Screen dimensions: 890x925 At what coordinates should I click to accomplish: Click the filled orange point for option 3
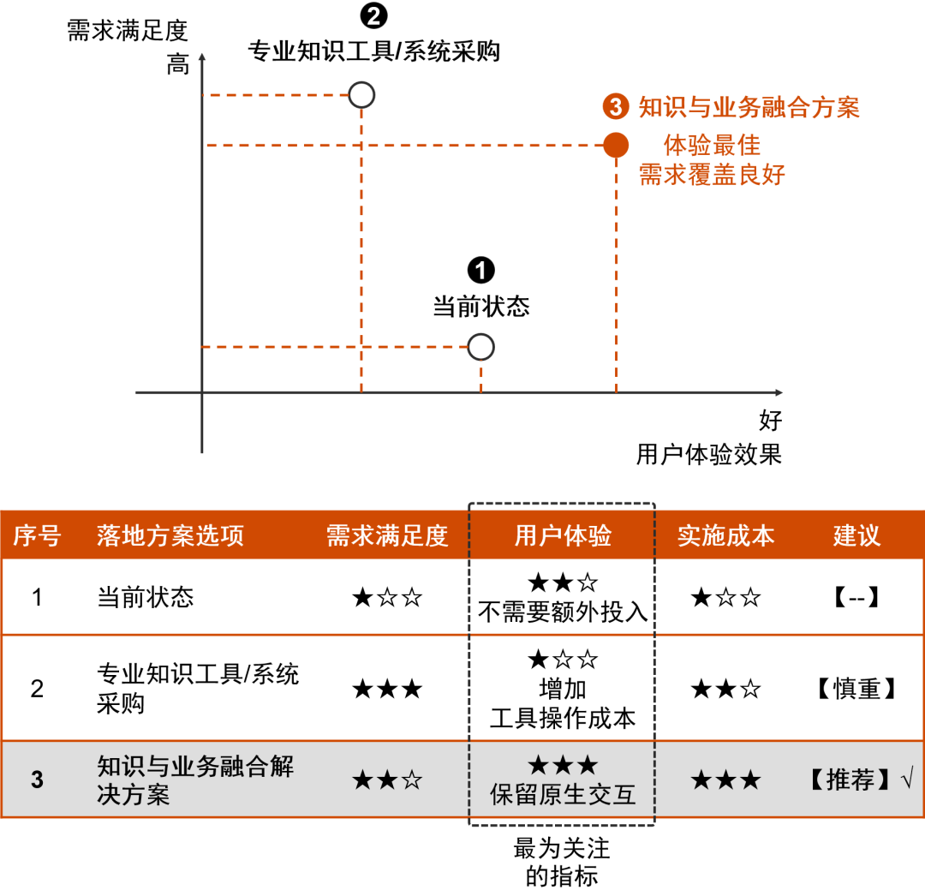pos(616,146)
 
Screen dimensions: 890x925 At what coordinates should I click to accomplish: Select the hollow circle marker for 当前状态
pos(481,347)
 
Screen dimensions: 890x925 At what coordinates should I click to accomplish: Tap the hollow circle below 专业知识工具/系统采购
pos(362,95)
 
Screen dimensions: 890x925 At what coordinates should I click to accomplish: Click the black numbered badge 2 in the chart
pos(374,16)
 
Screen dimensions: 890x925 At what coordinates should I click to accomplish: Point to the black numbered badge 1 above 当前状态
pos(481,271)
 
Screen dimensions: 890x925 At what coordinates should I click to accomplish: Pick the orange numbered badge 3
pos(616,107)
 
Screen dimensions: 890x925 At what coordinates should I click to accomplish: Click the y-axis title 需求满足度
pos(128,32)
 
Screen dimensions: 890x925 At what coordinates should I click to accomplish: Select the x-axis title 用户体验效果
pos(709,454)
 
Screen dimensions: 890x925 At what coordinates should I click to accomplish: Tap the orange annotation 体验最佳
pos(712,145)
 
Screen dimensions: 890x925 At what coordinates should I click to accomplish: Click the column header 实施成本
pos(725,536)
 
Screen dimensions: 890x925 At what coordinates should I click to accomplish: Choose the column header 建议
pos(856,536)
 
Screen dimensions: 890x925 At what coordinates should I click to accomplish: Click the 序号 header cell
pos(37,536)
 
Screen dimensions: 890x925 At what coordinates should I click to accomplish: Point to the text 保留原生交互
pos(563,794)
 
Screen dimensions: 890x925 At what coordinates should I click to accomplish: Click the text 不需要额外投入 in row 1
pos(563,612)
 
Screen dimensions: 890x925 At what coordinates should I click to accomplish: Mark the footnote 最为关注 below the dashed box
pos(562,849)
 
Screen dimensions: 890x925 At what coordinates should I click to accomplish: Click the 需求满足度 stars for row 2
pos(387,689)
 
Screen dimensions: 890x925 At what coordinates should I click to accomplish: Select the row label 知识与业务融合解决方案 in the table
pos(195,779)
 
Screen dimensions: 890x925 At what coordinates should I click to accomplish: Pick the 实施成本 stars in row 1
pos(725,598)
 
